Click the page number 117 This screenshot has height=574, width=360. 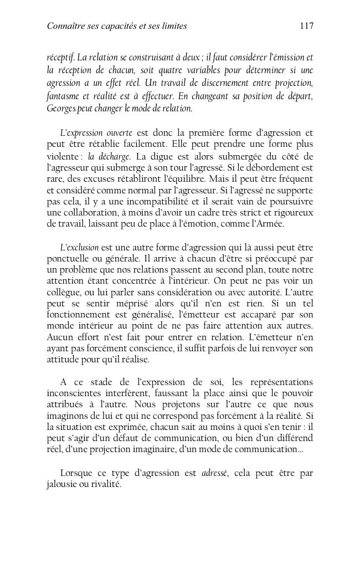(306, 25)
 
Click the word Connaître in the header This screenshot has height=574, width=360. (65, 25)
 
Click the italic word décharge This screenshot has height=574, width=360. (114, 156)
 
